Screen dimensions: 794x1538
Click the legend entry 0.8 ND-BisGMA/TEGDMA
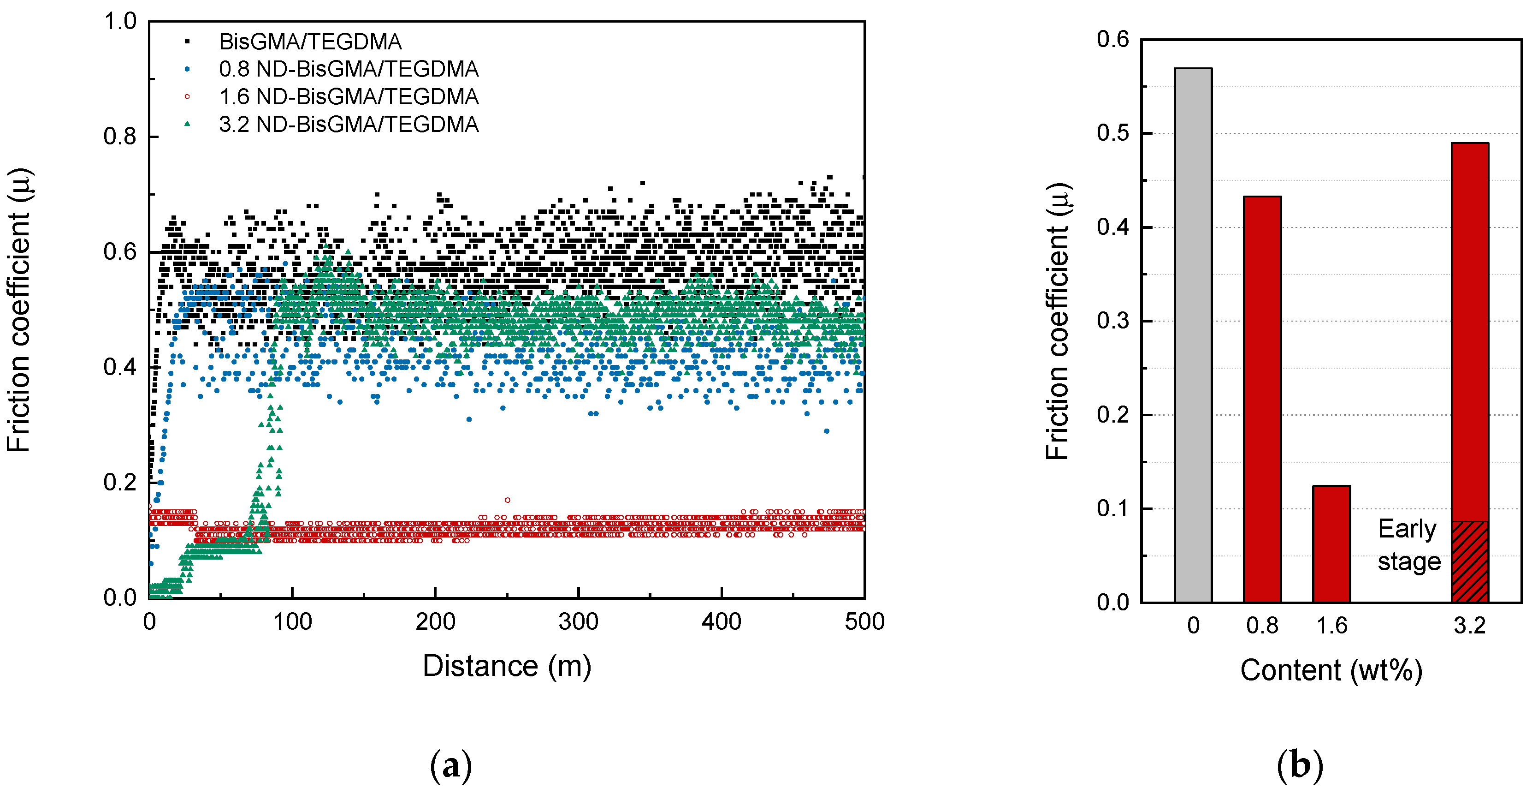(x=348, y=69)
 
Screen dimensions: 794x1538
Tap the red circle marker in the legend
(x=187, y=97)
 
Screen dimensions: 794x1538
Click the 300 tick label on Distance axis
(x=578, y=622)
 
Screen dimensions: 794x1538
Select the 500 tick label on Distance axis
(x=864, y=622)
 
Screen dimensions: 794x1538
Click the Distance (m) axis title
(x=507, y=666)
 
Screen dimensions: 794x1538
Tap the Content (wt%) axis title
(x=1331, y=670)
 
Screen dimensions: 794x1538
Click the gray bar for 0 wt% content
(x=1193, y=334)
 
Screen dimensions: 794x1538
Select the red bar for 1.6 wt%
(x=1331, y=543)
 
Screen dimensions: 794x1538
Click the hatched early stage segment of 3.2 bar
(x=1469, y=561)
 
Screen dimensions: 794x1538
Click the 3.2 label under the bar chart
(x=1469, y=626)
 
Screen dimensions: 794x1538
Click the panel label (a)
(x=451, y=765)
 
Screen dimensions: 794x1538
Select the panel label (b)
(x=1300, y=765)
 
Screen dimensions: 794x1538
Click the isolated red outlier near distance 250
(x=508, y=500)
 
